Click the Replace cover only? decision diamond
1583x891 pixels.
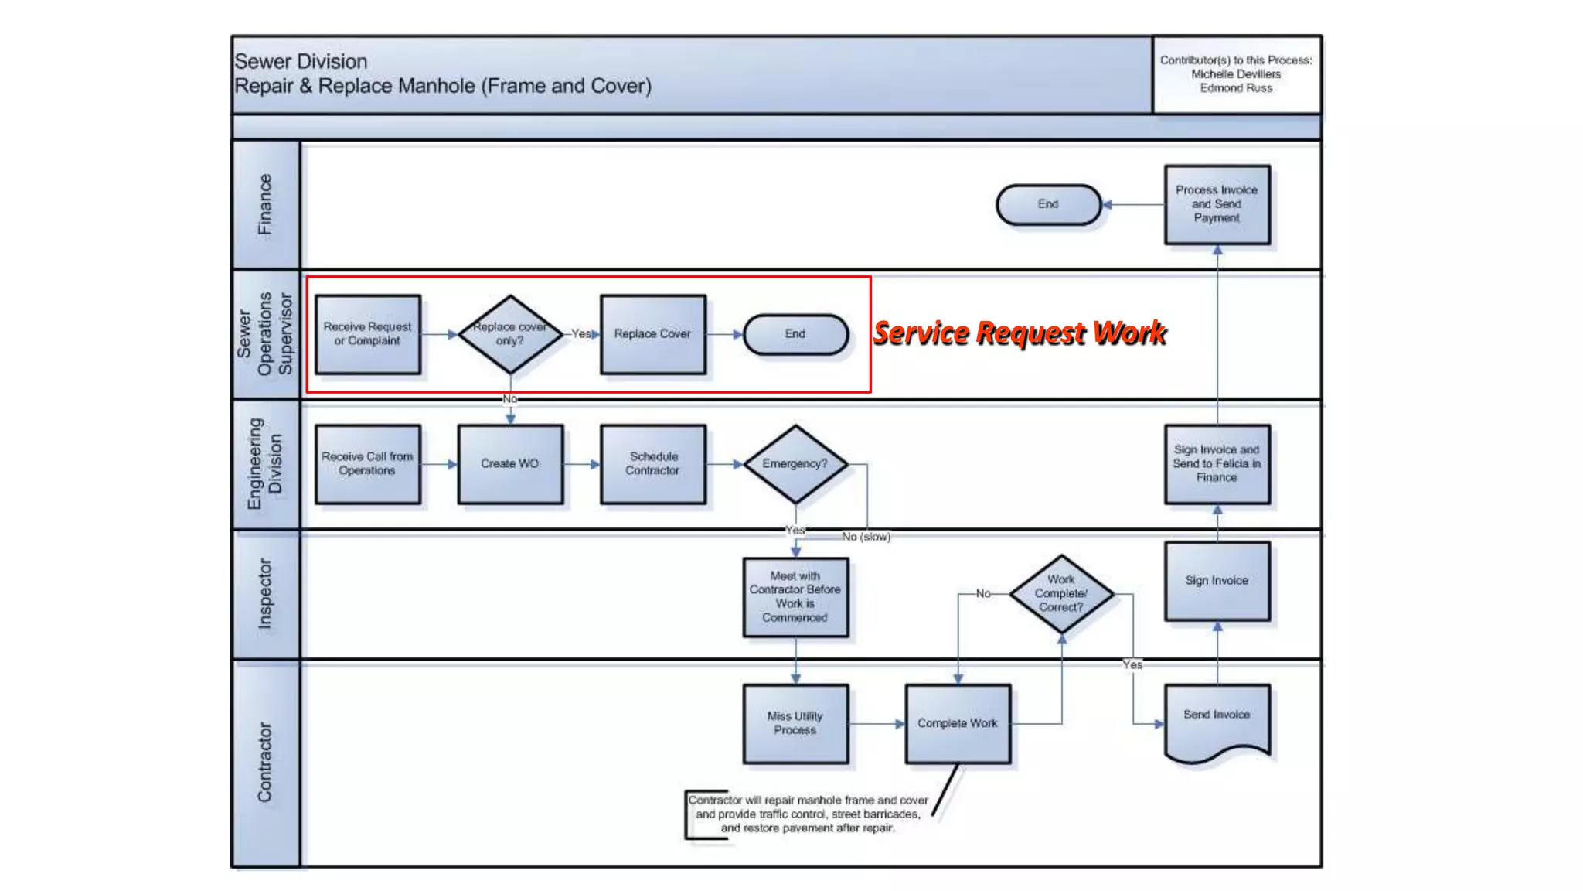[x=510, y=334]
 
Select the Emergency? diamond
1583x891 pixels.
[x=795, y=464]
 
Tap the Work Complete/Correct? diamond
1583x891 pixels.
[x=1061, y=594]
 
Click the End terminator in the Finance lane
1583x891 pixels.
[x=1048, y=204]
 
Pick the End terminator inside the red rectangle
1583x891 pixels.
[x=795, y=334]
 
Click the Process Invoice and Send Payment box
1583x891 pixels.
[x=1217, y=204]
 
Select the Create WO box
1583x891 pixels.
[x=510, y=464]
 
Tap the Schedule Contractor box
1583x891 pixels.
[x=653, y=464]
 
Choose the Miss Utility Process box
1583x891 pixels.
[x=795, y=723]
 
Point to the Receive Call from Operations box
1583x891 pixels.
[x=368, y=464]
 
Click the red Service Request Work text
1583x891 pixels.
[x=1019, y=333]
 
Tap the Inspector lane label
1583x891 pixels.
[x=265, y=594]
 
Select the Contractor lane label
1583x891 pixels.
[x=265, y=763]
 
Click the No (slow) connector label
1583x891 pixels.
[x=866, y=537]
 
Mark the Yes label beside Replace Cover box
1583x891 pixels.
[x=580, y=333]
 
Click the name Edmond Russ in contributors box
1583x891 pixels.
[x=1235, y=88]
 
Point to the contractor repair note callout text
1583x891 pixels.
[x=808, y=814]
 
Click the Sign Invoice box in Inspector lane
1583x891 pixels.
[x=1217, y=581]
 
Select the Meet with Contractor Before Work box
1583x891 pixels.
[x=795, y=597]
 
